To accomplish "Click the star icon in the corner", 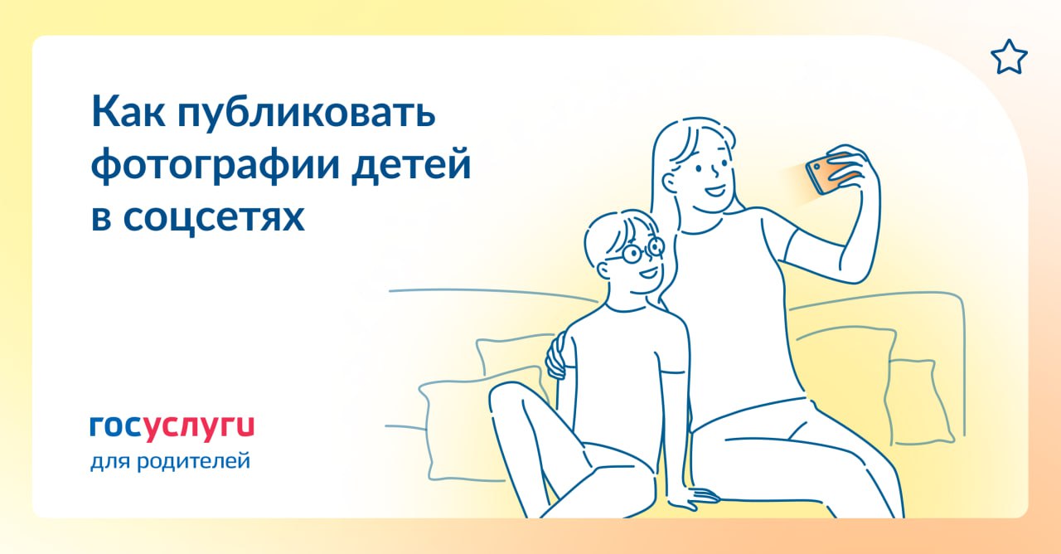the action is click(x=1009, y=57).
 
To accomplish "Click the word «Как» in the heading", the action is click(x=128, y=112).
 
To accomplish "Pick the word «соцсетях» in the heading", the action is click(x=214, y=217).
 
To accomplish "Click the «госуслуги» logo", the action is click(x=172, y=428).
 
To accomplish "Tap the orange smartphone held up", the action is click(x=826, y=175).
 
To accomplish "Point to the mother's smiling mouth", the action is click(x=715, y=192).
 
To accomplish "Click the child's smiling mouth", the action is click(x=649, y=273).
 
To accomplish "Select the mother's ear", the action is click(x=671, y=182).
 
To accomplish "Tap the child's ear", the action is click(x=604, y=270).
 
